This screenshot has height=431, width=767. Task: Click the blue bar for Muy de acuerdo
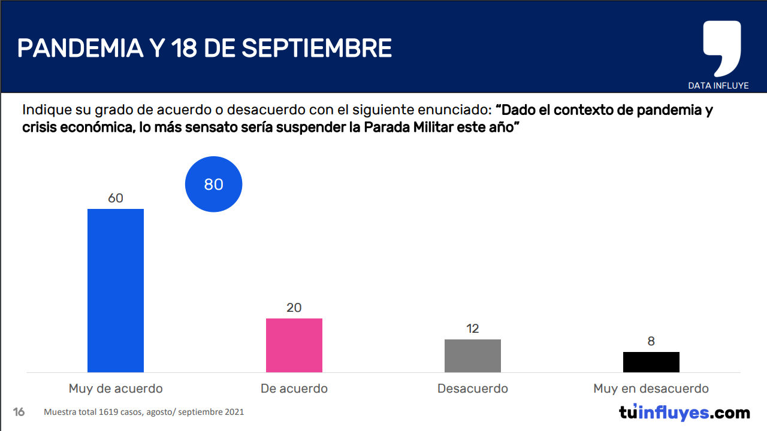pyautogui.click(x=116, y=290)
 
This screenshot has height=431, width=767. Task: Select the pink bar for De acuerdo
pyautogui.click(x=294, y=345)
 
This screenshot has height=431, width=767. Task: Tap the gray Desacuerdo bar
pyautogui.click(x=472, y=356)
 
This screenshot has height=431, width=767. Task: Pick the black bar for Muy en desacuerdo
pyautogui.click(x=651, y=362)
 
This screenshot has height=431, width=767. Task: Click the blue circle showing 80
pyautogui.click(x=213, y=184)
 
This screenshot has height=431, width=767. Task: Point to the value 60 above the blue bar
pyautogui.click(x=116, y=198)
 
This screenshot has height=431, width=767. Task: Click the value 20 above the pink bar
pyautogui.click(x=294, y=308)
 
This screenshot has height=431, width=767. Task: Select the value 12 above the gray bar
pyautogui.click(x=472, y=329)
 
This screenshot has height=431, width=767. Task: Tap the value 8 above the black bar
pyautogui.click(x=651, y=341)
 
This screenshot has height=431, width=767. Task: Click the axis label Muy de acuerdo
pyautogui.click(x=116, y=388)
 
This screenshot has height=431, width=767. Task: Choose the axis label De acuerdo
pyautogui.click(x=294, y=388)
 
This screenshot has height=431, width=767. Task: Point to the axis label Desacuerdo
pyautogui.click(x=472, y=388)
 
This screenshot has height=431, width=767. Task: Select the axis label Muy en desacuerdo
pyautogui.click(x=651, y=388)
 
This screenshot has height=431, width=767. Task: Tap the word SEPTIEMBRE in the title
pyautogui.click(x=316, y=48)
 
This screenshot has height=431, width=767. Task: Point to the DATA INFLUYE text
pyautogui.click(x=718, y=86)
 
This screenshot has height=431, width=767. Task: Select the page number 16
pyautogui.click(x=19, y=412)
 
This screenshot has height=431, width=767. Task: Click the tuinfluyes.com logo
pyautogui.click(x=684, y=412)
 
